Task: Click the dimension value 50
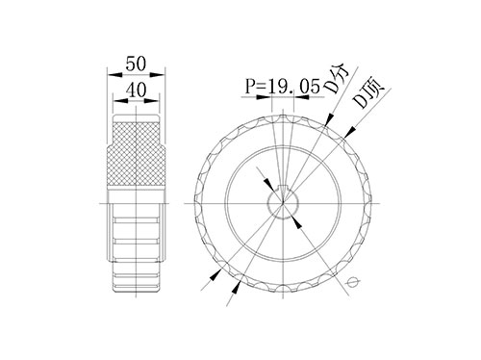click(x=136, y=64)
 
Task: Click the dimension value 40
click(x=136, y=90)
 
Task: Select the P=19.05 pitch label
click(x=283, y=86)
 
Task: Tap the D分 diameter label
click(x=336, y=80)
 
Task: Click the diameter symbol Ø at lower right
click(x=353, y=282)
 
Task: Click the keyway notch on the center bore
click(x=283, y=190)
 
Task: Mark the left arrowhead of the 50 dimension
click(x=114, y=75)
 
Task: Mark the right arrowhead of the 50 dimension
click(x=157, y=75)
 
